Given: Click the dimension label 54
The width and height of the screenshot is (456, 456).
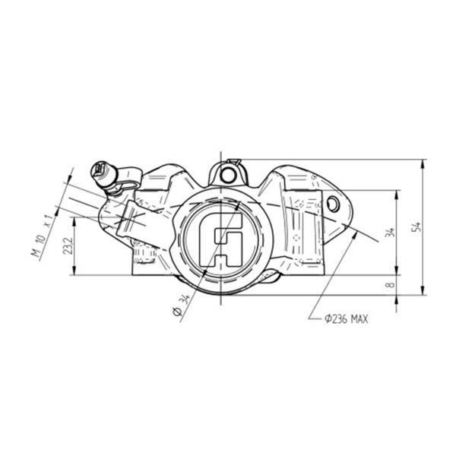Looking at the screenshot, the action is [x=417, y=226].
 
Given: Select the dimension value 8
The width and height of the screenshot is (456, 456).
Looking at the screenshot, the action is [x=391, y=284].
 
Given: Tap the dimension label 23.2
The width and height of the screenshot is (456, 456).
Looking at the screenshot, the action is [x=68, y=245].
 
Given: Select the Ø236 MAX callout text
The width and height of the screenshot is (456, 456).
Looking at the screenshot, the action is [x=346, y=319].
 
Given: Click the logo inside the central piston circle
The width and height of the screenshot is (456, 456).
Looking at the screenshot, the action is [x=220, y=239].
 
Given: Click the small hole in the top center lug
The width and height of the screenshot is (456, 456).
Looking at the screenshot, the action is [x=226, y=175].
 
